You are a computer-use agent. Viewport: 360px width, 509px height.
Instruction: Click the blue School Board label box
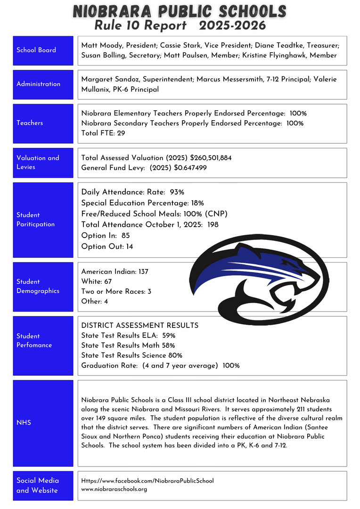[x=43, y=50]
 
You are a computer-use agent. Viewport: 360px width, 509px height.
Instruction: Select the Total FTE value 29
[x=121, y=133]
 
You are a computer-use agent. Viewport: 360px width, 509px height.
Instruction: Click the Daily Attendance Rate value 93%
[x=177, y=192]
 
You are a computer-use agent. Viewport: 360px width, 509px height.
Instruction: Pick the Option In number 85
[x=125, y=235]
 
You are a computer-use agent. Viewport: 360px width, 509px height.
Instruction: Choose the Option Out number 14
[x=129, y=246]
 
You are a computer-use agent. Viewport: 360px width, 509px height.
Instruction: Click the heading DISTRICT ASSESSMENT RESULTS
[x=139, y=326]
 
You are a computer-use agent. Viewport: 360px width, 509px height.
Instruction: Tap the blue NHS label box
[x=43, y=423]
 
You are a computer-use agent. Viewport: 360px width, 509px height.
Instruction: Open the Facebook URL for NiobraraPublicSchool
[x=147, y=481]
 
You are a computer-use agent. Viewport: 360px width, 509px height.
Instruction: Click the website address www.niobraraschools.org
[x=114, y=489]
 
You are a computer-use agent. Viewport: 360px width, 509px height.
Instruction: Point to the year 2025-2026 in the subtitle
[x=233, y=25]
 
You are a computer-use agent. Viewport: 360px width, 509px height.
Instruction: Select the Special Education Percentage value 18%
[x=197, y=203]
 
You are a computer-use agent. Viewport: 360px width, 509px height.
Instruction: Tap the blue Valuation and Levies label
[x=43, y=163]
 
